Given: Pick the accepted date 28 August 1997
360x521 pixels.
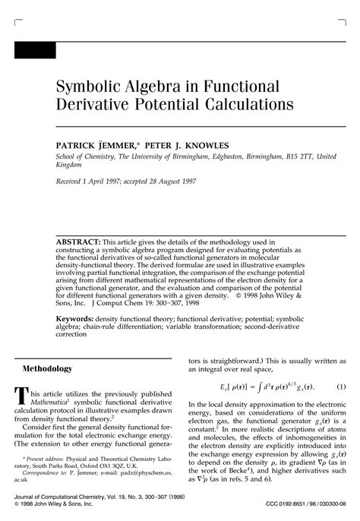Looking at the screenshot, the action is click(188, 183).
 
